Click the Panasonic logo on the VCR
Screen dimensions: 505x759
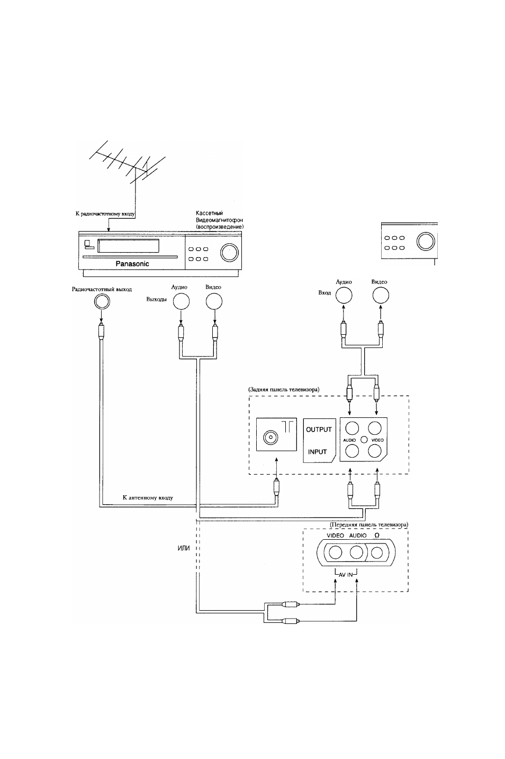click(x=132, y=264)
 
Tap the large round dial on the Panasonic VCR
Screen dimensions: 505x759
click(x=229, y=253)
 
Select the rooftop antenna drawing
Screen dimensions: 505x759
click(x=127, y=162)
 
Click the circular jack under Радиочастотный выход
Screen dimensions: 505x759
click(x=102, y=301)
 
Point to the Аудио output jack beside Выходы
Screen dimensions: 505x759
click(x=181, y=301)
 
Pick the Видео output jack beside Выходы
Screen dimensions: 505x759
click(x=214, y=301)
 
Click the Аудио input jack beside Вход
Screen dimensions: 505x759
click(x=344, y=295)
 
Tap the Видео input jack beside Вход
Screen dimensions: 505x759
click(x=381, y=295)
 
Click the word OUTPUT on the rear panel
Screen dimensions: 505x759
click(x=319, y=430)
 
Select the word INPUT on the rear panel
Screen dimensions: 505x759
click(x=318, y=452)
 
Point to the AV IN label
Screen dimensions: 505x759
click(x=346, y=575)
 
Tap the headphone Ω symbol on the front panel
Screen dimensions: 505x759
click(x=377, y=535)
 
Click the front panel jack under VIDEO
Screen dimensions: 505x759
click(x=335, y=552)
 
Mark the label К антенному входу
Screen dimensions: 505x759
click(x=148, y=498)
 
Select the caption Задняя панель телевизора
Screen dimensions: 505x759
click(x=284, y=389)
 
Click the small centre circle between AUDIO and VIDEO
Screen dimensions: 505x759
click(x=364, y=440)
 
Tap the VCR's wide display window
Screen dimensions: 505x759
click(x=128, y=246)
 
